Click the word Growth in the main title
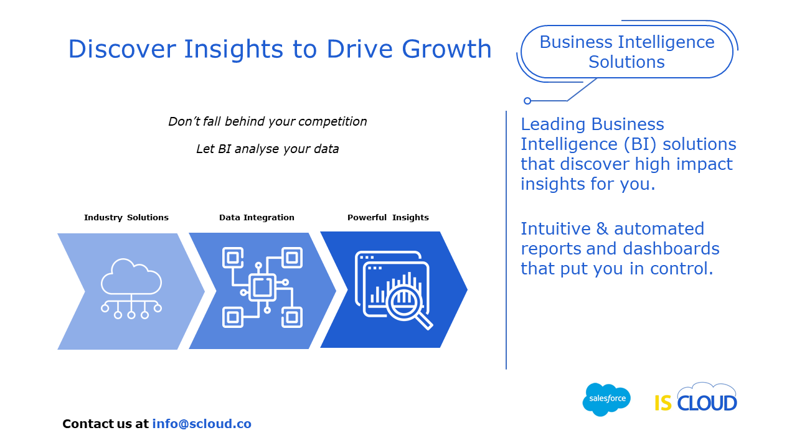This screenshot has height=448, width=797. point(446,49)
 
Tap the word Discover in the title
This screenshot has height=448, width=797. point(122,49)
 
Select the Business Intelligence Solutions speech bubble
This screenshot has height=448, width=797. point(627,52)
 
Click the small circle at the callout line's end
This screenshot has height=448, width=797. point(527,101)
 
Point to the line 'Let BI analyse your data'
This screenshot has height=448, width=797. point(267,149)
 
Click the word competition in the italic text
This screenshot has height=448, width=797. point(332,122)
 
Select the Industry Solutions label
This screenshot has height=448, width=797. point(126,217)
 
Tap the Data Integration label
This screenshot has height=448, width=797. point(257,217)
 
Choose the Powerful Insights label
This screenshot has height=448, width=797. point(388,217)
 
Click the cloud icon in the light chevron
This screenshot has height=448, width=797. point(131,288)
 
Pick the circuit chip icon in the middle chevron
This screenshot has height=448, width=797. point(262,287)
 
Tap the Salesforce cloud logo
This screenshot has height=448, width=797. point(606,399)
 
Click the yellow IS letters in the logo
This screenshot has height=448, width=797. point(663,403)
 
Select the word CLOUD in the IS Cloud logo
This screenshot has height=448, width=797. point(707,403)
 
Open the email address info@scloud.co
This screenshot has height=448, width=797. point(202,424)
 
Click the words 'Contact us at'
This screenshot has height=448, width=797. point(105,424)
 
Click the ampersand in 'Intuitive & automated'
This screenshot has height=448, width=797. point(602,228)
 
